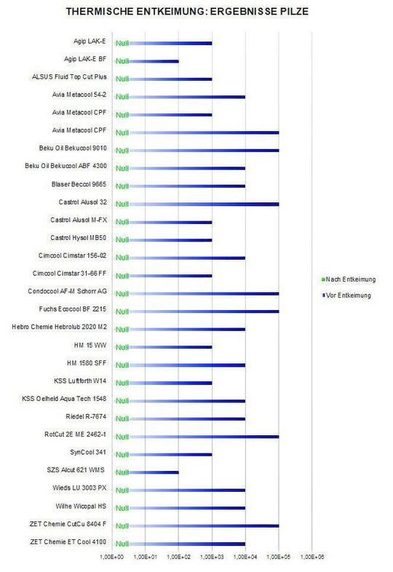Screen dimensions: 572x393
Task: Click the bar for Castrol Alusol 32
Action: [x=204, y=204]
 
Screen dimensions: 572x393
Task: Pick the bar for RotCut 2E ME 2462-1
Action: [x=204, y=437]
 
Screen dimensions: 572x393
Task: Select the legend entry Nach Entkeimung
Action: [x=349, y=279]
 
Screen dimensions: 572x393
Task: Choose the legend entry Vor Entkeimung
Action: [x=348, y=295]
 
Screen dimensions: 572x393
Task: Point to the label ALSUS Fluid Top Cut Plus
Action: [x=70, y=77]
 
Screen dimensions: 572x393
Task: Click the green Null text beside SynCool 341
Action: [x=123, y=456]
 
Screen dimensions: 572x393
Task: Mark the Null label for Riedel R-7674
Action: [x=123, y=420]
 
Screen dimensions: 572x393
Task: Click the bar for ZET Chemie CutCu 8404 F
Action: [x=204, y=525]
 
